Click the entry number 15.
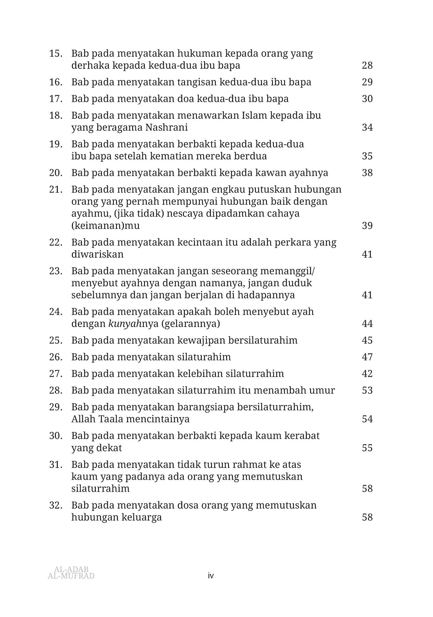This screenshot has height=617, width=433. point(56,54)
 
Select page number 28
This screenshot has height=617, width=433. point(367,66)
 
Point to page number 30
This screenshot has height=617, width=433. point(367,99)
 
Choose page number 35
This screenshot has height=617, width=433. point(367,156)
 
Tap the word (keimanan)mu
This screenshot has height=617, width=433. point(105,226)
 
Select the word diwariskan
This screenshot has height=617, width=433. point(97,254)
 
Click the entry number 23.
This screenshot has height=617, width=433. point(56,271)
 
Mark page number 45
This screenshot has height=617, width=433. point(367,340)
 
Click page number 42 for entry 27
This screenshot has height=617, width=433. point(367,374)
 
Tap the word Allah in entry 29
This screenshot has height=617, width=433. point(84,419)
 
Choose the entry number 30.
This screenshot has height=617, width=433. point(56,436)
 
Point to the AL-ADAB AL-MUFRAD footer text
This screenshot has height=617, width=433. point(71,573)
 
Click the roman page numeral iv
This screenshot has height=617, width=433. point(211,576)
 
